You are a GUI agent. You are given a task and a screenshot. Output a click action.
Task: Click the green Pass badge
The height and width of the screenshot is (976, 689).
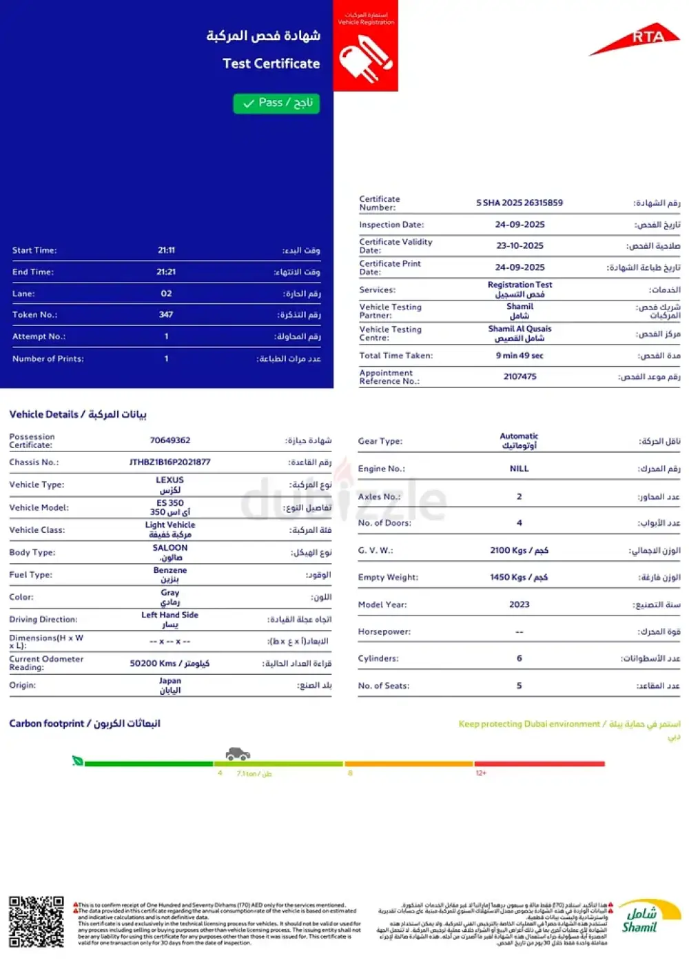pos(276,103)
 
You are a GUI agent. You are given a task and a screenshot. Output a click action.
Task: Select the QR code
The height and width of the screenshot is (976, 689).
pos(36,922)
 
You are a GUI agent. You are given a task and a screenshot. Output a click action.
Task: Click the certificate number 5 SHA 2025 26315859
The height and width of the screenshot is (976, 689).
pos(520,203)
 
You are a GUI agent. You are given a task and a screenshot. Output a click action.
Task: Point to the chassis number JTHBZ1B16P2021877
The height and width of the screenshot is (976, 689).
pos(169,462)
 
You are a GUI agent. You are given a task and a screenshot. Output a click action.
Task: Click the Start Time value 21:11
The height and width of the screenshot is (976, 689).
pos(166,250)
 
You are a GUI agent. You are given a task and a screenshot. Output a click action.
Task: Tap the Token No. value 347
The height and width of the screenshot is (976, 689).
pos(166,314)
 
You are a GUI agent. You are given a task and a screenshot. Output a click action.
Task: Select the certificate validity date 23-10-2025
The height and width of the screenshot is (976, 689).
pos(520,245)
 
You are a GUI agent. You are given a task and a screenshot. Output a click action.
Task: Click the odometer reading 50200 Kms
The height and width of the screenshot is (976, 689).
pos(169,663)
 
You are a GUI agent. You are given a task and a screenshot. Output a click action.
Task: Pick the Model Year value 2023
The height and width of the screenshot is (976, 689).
pos(519,604)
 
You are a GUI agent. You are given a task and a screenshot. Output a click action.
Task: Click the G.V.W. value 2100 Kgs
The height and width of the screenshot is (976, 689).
pos(519,550)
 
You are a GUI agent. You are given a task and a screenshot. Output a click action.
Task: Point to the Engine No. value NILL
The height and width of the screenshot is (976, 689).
pos(519,469)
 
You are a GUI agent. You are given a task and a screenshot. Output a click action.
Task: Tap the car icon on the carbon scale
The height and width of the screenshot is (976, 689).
pos(238,753)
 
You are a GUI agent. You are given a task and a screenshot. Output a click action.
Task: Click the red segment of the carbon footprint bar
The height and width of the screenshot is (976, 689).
pos(539,764)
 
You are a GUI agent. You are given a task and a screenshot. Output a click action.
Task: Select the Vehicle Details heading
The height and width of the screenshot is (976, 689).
pos(78,414)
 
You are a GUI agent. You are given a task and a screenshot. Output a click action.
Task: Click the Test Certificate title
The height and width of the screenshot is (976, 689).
pos(271,63)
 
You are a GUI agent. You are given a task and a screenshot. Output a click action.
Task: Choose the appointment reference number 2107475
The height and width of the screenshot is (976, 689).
pos(520,376)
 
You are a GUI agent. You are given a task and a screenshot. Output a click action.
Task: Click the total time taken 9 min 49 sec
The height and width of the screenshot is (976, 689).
pos(520,356)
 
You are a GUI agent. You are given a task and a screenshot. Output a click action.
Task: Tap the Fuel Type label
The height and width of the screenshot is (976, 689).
pos(30,575)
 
